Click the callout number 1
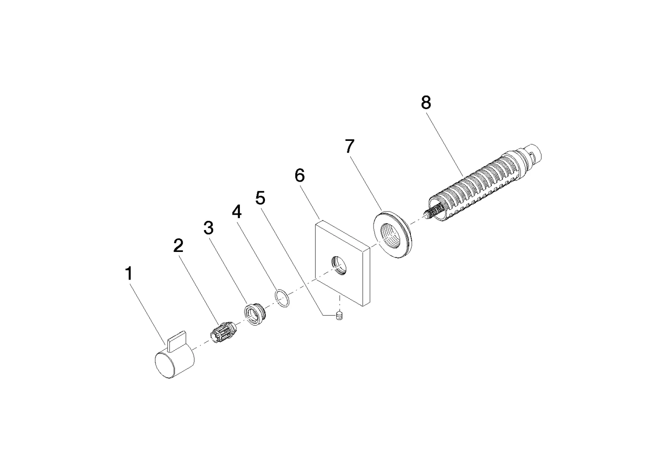pyautogui.click(x=128, y=274)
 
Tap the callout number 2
pyautogui.click(x=178, y=246)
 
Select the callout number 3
pyautogui.click(x=208, y=228)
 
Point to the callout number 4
pyautogui.click(x=236, y=212)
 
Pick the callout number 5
pyautogui.click(x=261, y=198)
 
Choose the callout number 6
pyautogui.click(x=300, y=176)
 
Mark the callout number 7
pyautogui.click(x=349, y=147)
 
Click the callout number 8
pyautogui.click(x=426, y=103)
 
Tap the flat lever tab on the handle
pyautogui.click(x=177, y=340)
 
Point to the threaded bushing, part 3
pyautogui.click(x=254, y=313)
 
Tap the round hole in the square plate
pyautogui.click(x=339, y=265)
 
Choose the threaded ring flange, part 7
pyautogui.click(x=393, y=235)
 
